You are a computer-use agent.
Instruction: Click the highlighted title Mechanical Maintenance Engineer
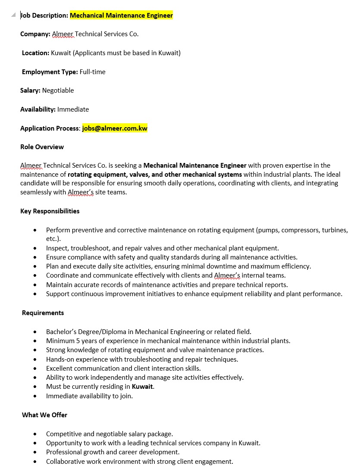tap(121, 16)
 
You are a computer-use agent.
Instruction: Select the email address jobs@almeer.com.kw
tap(115, 128)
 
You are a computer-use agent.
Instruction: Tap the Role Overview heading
tap(42, 147)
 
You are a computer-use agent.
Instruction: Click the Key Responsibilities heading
tap(50, 211)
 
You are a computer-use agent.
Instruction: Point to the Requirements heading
tap(43, 313)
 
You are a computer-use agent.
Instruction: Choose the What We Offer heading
tap(44, 415)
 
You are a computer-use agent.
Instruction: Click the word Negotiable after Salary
tap(58, 91)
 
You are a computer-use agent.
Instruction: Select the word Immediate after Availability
tap(73, 109)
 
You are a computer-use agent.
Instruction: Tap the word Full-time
tap(92, 72)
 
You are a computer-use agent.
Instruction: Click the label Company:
tap(35, 34)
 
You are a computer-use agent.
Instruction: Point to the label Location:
tap(35, 53)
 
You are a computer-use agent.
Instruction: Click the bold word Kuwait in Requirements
tap(142, 387)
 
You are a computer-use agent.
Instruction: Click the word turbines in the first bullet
tap(335, 230)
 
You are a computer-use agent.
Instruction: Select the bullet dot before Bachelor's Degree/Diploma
tap(35, 332)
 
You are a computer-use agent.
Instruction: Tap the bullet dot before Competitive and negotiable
tap(35, 434)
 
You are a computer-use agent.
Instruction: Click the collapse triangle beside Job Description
tap(14, 15)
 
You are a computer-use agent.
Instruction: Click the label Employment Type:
tap(50, 72)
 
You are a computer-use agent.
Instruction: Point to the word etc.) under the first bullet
tap(53, 239)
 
